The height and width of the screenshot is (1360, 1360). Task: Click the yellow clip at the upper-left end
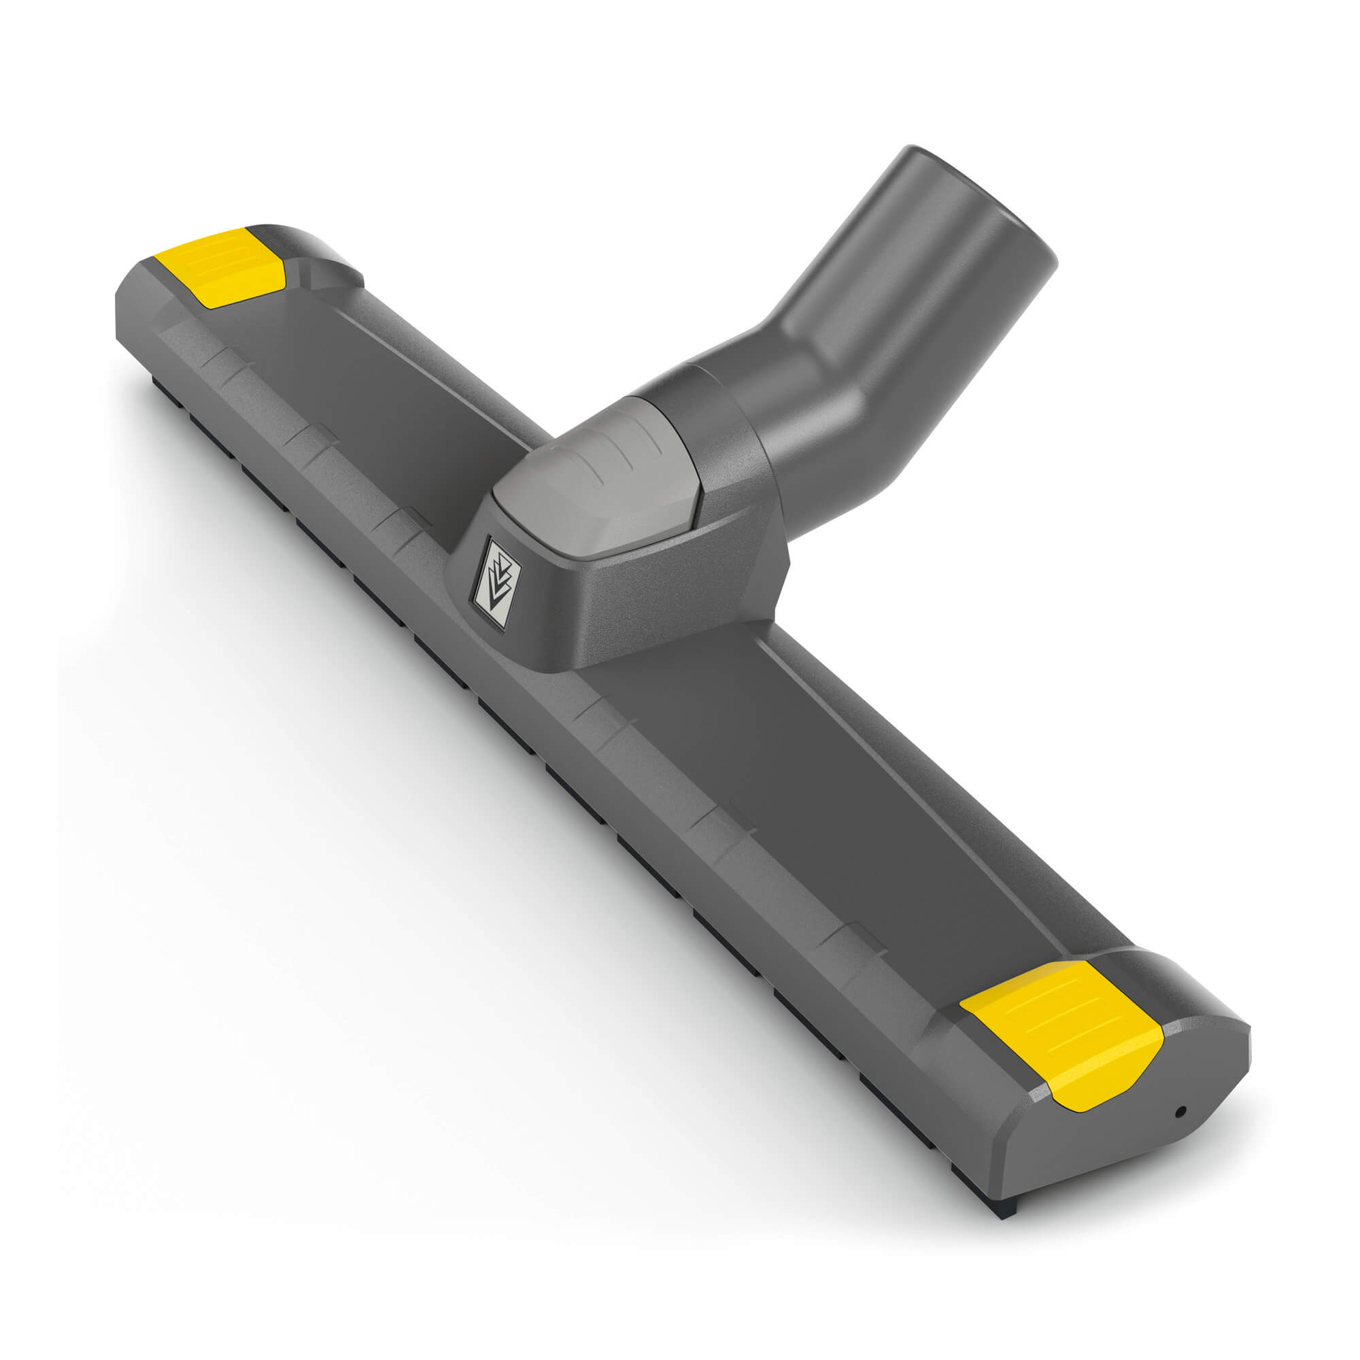click(220, 267)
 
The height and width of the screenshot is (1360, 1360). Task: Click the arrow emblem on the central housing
click(498, 582)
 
